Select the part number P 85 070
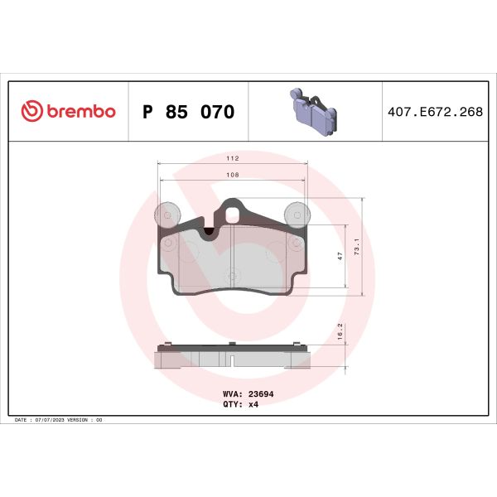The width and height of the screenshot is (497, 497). click(189, 112)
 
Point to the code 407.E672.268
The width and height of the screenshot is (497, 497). click(435, 112)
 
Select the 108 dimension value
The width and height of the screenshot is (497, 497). click(233, 175)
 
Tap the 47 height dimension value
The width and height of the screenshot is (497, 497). click(340, 257)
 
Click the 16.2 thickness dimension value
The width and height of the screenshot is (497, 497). click(340, 331)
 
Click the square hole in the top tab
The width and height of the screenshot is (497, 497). click(233, 214)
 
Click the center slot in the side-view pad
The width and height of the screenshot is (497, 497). click(233, 360)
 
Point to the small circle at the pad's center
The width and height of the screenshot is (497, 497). click(233, 273)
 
